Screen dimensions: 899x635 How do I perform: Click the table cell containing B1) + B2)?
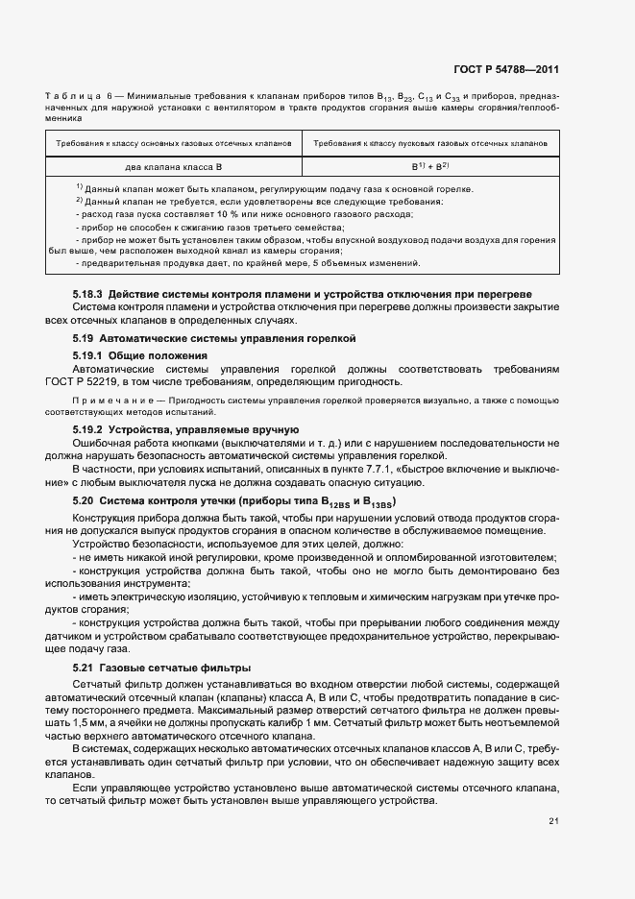pyautogui.click(x=426, y=166)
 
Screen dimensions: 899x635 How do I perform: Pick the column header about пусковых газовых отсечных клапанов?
pyautogui.click(x=426, y=142)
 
